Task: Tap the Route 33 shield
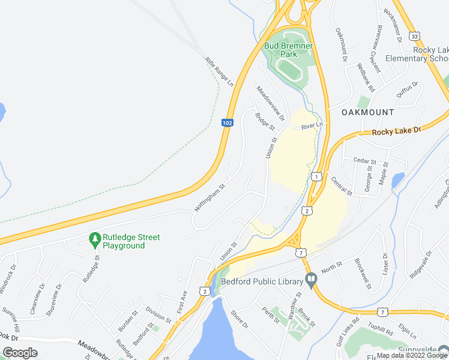click(x=415, y=36)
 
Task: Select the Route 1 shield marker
click(x=315, y=176)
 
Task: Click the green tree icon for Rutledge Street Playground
click(x=94, y=240)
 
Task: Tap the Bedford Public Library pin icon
click(x=310, y=280)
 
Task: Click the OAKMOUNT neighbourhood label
click(x=367, y=112)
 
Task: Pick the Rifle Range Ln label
click(x=218, y=71)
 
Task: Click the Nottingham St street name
click(x=209, y=197)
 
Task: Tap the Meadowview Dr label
click(x=270, y=99)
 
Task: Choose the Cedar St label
click(x=364, y=161)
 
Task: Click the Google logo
click(x=20, y=353)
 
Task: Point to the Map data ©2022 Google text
click(x=411, y=355)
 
